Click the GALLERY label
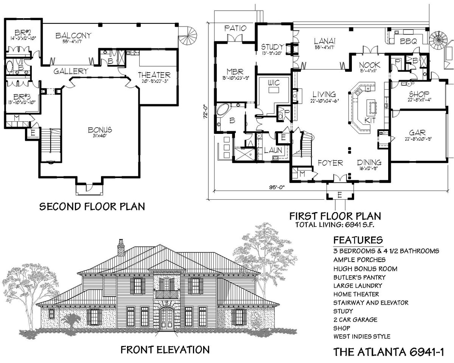71,71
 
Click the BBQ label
408,42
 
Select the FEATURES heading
358,240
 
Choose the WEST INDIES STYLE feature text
361,336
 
